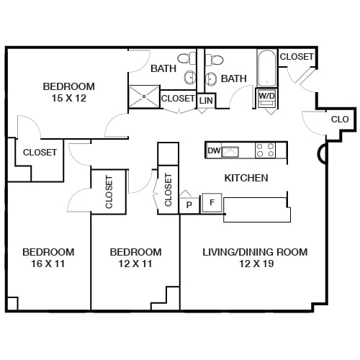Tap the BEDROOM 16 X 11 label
point(48,258)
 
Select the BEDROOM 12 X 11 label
point(135,258)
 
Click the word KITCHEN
point(246,178)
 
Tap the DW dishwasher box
point(213,150)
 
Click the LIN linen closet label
point(206,101)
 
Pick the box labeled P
point(189,204)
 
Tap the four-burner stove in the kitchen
point(266,150)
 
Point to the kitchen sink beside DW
point(231,150)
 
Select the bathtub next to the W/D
point(266,68)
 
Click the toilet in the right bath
point(215,58)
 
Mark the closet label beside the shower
point(177,99)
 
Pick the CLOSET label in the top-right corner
point(297,56)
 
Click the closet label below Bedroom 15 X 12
point(40,152)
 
